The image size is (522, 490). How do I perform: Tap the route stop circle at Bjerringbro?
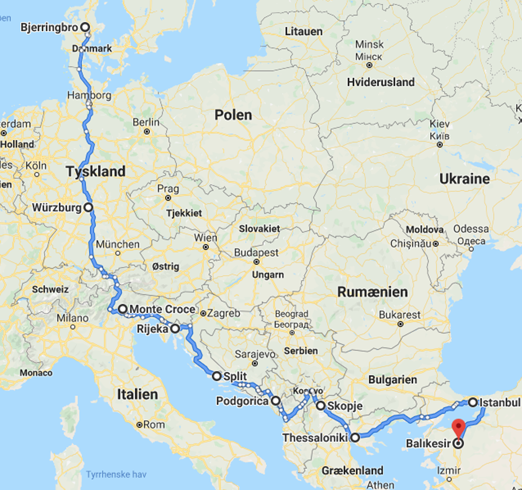85,27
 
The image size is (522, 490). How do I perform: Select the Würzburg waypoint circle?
88,207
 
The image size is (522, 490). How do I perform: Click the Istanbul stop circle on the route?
473,402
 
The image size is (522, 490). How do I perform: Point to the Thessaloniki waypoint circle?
355,437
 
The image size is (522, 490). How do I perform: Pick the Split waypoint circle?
217,376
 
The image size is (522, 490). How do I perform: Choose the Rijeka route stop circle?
175,329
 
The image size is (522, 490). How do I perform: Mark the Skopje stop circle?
321,406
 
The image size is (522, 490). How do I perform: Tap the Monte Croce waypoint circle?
123,309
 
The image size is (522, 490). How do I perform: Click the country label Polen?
233,115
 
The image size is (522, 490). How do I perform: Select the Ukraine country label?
465,179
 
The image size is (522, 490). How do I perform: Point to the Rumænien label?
372,292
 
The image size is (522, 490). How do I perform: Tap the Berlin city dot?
147,131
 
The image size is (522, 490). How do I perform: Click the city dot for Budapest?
256,262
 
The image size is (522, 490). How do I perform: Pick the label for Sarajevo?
255,354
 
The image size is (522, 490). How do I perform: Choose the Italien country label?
137,394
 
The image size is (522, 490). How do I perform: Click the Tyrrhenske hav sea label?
116,474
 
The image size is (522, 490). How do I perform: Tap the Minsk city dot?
369,65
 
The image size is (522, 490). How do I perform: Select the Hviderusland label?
380,82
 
